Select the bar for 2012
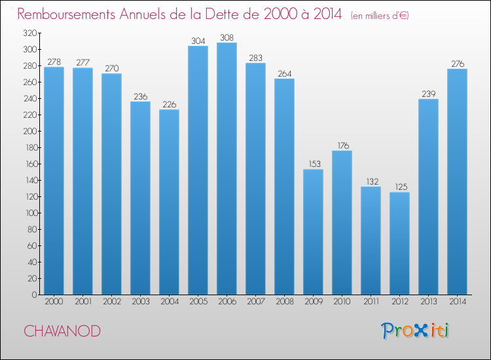pos(399,243)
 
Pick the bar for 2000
pos(54,181)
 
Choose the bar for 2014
pos(457,182)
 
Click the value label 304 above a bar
pos(198,41)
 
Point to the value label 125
pos(399,187)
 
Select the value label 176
pos(342,145)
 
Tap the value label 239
pos(428,94)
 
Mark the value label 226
pos(169,104)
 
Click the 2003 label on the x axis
pos(140,302)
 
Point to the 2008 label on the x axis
pos(284,302)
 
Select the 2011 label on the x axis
pos(371,302)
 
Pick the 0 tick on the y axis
pos(33,295)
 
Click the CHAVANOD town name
pos(63,331)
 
